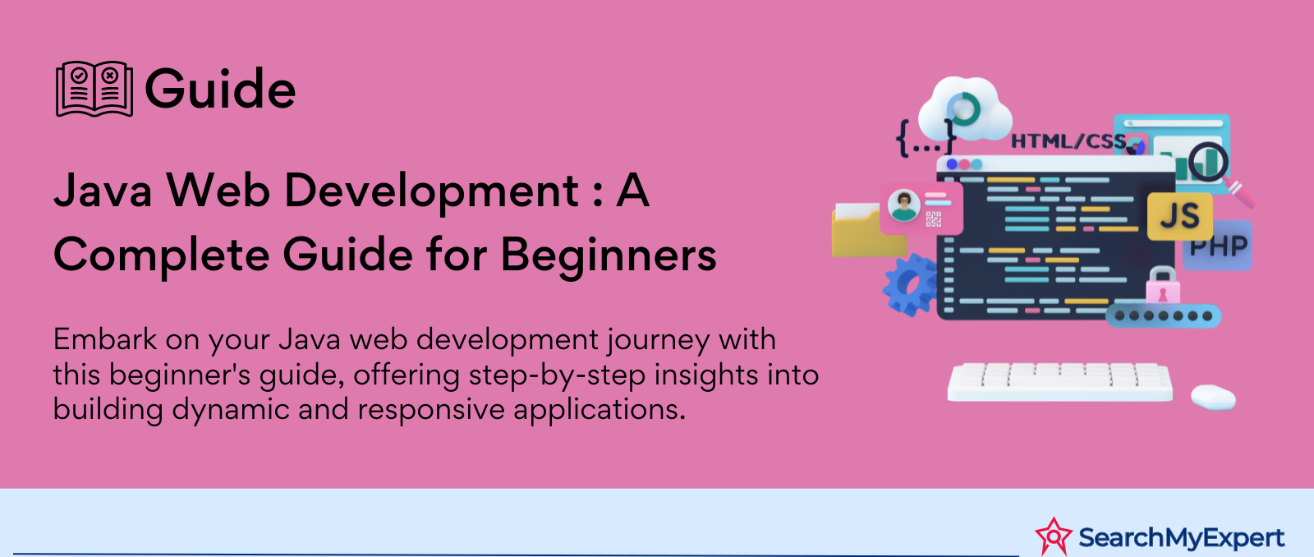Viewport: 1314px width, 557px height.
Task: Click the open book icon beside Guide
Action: tap(94, 89)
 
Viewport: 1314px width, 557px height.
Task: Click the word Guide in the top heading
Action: tap(220, 90)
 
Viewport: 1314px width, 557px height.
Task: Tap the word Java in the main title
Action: tap(103, 190)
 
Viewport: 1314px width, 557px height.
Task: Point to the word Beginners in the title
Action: tap(609, 256)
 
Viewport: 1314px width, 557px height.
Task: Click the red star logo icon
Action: tap(1054, 536)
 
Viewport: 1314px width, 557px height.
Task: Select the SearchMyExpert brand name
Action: tap(1182, 537)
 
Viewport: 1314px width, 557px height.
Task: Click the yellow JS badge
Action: tap(1179, 216)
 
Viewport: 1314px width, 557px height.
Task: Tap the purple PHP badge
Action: tap(1219, 246)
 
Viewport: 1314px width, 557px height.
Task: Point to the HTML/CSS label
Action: tap(1068, 141)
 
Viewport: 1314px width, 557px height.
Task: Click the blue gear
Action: tap(910, 285)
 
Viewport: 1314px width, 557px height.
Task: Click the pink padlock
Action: tap(1163, 286)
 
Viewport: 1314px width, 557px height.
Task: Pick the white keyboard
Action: tap(1059, 382)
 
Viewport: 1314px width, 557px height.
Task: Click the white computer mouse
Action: tap(1213, 398)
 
